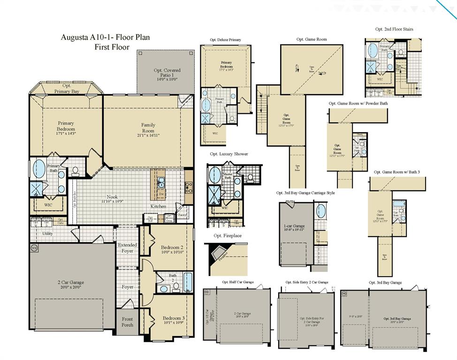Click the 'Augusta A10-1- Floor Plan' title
105,37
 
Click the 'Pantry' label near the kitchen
183,216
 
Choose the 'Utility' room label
47,233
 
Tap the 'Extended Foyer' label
128,248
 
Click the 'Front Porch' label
127,322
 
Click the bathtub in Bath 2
188,281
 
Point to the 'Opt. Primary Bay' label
67,89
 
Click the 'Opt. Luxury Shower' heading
229,154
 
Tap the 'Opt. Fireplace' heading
228,235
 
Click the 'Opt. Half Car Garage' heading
237,282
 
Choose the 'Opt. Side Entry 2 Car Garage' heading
307,282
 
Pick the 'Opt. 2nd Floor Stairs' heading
394,29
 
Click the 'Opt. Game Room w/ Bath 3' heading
396,172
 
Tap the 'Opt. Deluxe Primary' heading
225,40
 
